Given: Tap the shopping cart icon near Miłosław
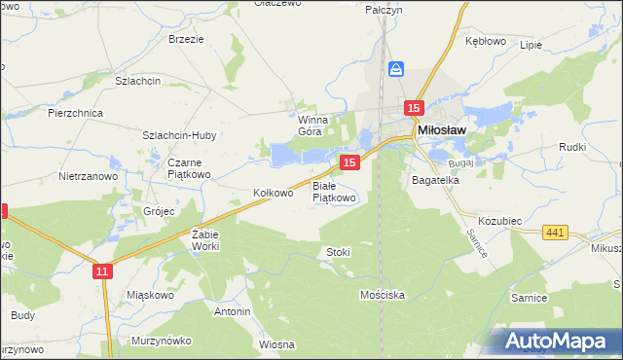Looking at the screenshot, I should point(396,69).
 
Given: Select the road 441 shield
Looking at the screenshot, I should point(556,232).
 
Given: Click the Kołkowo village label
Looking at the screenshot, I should point(273,193).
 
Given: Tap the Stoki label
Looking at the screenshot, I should point(338,252).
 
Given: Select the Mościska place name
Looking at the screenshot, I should point(382,293).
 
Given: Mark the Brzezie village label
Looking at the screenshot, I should point(186,39).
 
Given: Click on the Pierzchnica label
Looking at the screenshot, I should point(76,113).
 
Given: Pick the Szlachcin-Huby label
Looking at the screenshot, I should point(179,135).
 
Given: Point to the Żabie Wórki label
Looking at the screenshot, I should point(206,239).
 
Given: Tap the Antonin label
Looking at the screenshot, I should point(232,311).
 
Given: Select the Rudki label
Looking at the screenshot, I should point(571,147).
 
